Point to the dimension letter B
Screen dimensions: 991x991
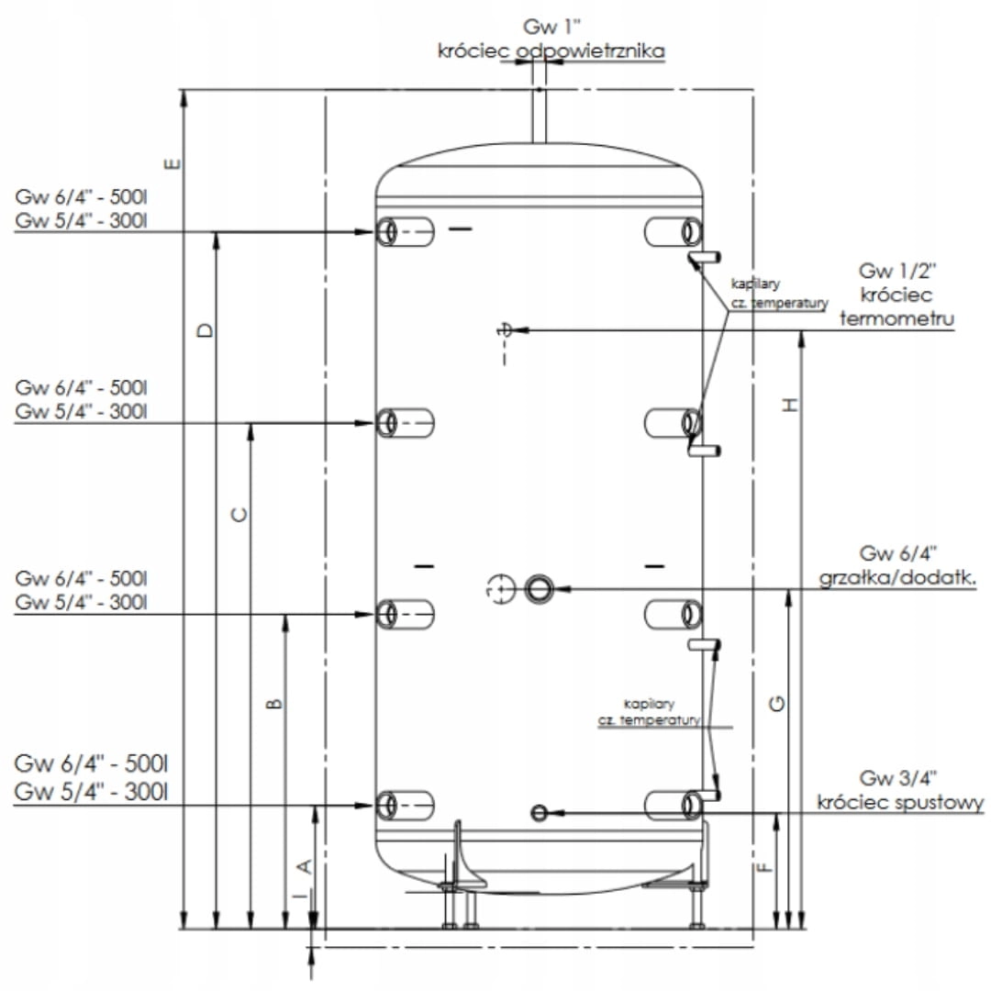coord(273,704)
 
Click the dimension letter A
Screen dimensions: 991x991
coord(306,864)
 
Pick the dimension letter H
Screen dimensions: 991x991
coord(788,403)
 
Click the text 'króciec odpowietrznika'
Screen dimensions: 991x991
coord(551,51)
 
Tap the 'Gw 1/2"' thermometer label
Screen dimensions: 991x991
coord(896,271)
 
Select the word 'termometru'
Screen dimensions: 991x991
coord(896,317)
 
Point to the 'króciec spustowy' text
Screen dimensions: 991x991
coord(900,803)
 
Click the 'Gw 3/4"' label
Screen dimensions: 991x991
coord(898,779)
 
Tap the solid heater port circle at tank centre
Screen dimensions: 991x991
coord(539,587)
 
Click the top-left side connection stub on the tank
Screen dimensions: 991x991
coord(404,231)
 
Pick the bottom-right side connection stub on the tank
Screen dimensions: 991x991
coord(674,805)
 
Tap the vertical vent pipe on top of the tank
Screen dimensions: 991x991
coord(539,117)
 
